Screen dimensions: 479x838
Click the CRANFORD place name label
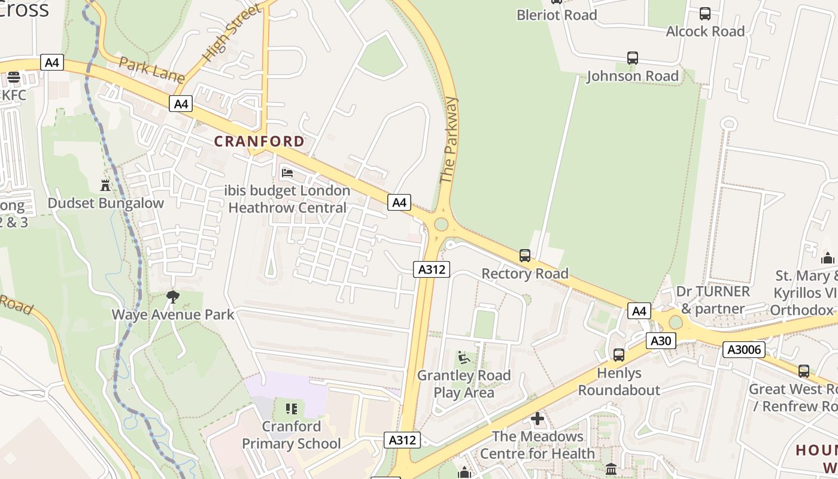[x=259, y=141]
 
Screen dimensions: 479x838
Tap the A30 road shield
[x=660, y=341]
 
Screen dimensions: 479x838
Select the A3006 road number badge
[x=743, y=350]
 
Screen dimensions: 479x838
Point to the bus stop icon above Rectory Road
[x=525, y=256]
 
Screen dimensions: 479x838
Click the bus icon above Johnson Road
[x=633, y=58]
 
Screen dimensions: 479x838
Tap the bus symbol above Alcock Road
[x=705, y=14]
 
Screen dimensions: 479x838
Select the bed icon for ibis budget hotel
[x=287, y=173]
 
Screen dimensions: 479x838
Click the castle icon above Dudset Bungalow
[x=106, y=185]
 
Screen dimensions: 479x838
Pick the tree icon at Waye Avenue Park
[x=173, y=296]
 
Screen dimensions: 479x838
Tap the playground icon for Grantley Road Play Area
[x=463, y=357]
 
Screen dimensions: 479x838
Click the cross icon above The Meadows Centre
[x=538, y=419]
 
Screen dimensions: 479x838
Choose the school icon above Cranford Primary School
[x=292, y=409]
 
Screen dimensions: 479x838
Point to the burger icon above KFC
[x=14, y=77]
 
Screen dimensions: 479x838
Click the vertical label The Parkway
[x=448, y=140]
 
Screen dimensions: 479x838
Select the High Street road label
[x=232, y=34]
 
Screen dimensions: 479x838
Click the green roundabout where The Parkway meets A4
[x=441, y=225]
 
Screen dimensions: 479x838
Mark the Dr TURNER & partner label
[x=712, y=300]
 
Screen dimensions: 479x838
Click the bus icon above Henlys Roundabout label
[x=619, y=355]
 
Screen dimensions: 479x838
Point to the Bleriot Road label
[x=557, y=15]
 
